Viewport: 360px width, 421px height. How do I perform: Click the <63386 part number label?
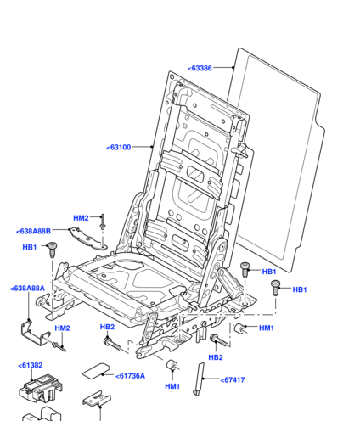tap(200, 68)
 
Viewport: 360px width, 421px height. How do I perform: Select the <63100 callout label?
tap(119, 147)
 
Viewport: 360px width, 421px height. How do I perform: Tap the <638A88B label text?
tap(33, 231)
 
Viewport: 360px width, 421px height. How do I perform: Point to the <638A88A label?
tap(27, 289)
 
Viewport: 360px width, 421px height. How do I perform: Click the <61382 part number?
tap(31, 365)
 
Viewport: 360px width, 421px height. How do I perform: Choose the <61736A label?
tap(130, 376)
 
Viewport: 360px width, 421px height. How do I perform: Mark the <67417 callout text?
tap(233, 379)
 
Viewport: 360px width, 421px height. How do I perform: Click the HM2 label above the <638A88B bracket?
tap(81, 218)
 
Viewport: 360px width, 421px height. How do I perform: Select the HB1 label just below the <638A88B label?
tap(30, 247)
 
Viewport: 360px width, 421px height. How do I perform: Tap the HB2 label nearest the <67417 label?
tap(216, 357)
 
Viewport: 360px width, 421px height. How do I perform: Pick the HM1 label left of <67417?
tap(172, 386)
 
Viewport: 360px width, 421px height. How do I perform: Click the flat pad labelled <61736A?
tap(96, 371)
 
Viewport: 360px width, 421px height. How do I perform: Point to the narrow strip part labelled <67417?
tap(199, 379)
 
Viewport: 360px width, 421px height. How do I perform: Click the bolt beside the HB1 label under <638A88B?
tap(52, 250)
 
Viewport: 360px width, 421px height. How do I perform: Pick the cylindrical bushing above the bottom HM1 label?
tap(172, 365)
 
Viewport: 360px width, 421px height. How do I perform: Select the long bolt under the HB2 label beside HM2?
tap(112, 344)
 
